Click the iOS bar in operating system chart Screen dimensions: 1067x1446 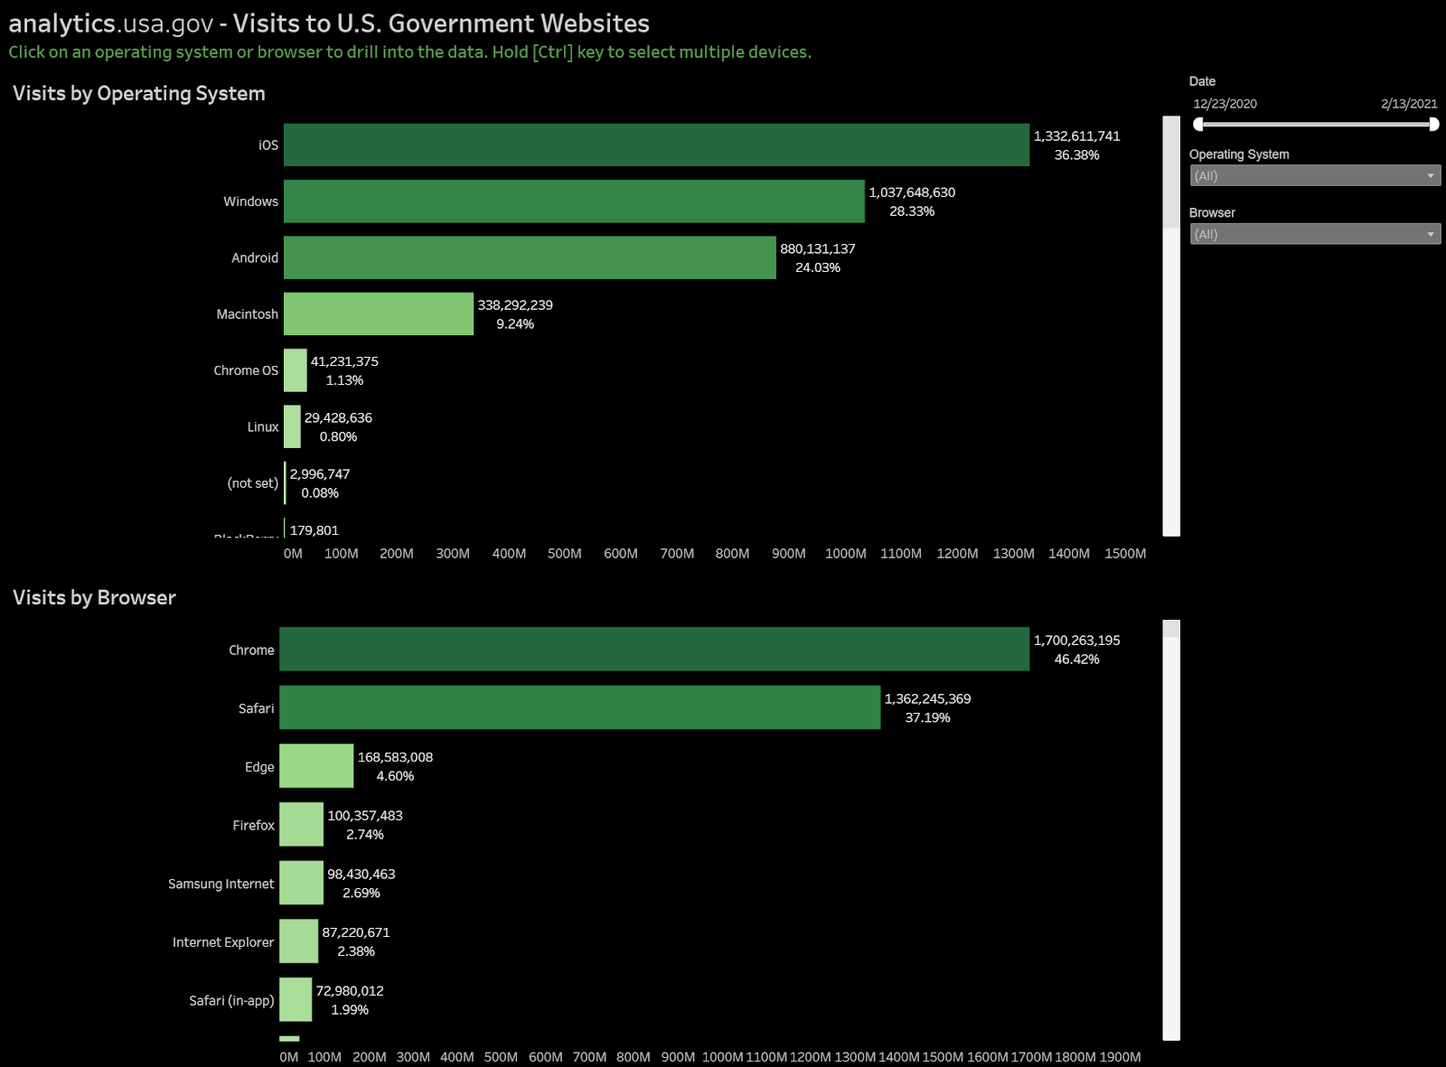pyautogui.click(x=656, y=145)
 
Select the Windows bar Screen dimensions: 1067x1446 pyautogui.click(x=574, y=201)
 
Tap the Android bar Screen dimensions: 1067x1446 pyautogui.click(x=530, y=257)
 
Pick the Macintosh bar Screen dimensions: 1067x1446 pyautogui.click(x=379, y=314)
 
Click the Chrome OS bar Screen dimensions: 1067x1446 pyautogui.click(x=296, y=370)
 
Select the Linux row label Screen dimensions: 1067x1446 pyautogui.click(x=263, y=427)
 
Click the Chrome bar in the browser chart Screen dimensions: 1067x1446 pyautogui.click(x=654, y=649)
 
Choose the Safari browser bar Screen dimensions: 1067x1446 pyautogui.click(x=579, y=707)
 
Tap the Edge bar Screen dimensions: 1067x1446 pyautogui.click(x=316, y=766)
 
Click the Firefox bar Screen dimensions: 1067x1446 pyautogui.click(x=301, y=824)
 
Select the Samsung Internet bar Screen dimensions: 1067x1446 pyautogui.click(x=301, y=883)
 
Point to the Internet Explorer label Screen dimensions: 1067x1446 pyautogui.click(x=223, y=942)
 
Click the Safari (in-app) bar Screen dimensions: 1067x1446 pyautogui.click(x=296, y=999)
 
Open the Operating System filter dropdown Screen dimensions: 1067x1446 pyautogui.click(x=1314, y=176)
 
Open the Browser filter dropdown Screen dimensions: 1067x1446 pyautogui.click(x=1314, y=234)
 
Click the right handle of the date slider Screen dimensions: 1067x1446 pyautogui.click(x=1433, y=125)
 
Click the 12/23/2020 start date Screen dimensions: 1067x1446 pyautogui.click(x=1225, y=104)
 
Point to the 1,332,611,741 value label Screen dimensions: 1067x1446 pyautogui.click(x=1076, y=136)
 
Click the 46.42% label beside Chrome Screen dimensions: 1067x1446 pyautogui.click(x=1076, y=660)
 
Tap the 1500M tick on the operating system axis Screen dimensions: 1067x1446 pyautogui.click(x=1125, y=554)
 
